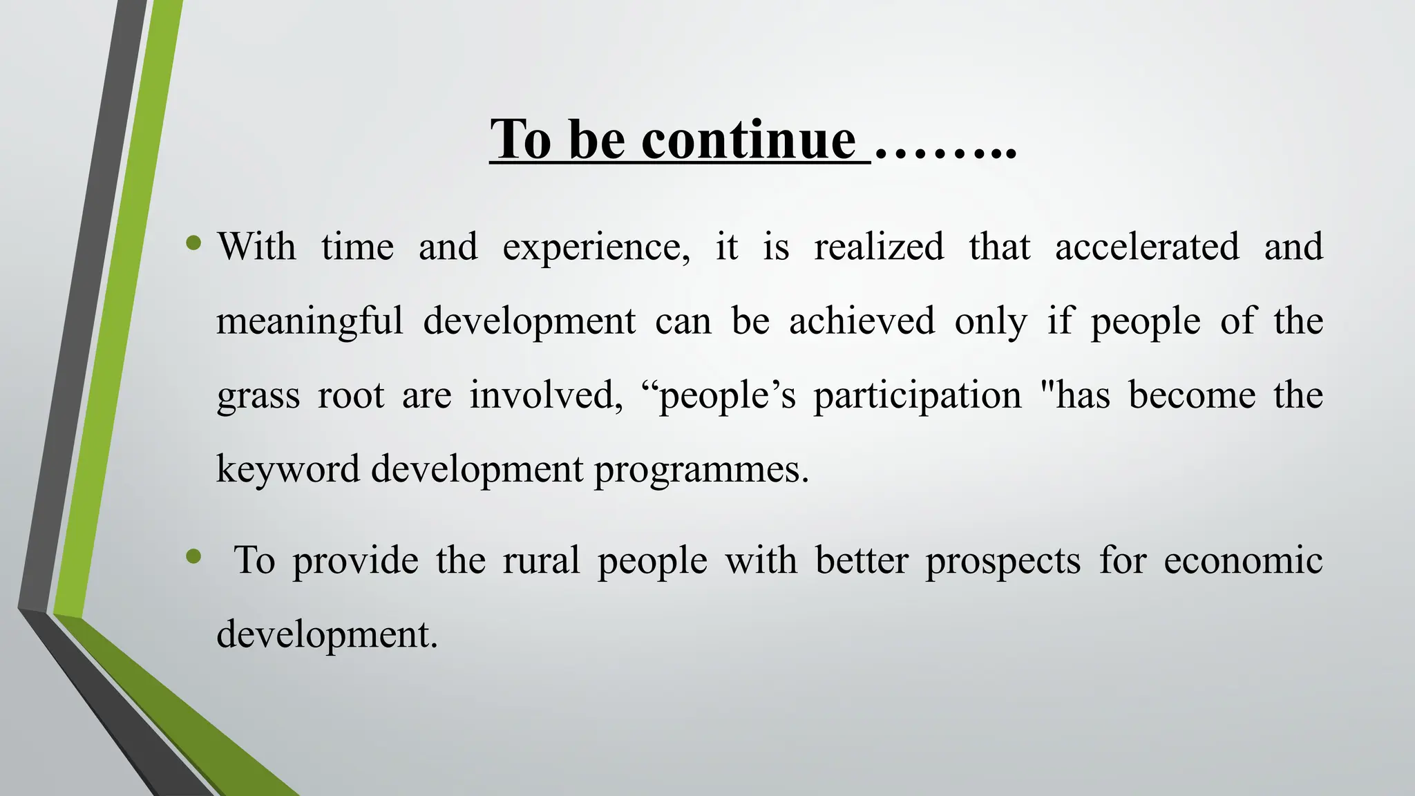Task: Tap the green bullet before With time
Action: pyautogui.click(x=194, y=243)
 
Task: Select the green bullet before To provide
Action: pyautogui.click(x=194, y=556)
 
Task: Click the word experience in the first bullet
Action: pyautogui.click(x=596, y=247)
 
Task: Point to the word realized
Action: pyautogui.click(x=879, y=247)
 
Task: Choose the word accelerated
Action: pyautogui.click(x=1147, y=247)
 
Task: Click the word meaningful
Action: pyautogui.click(x=310, y=322)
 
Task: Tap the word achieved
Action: pyautogui.click(x=862, y=321)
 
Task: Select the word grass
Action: pyautogui.click(x=258, y=397)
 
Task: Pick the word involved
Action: pyautogui.click(x=547, y=395)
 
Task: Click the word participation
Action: pyautogui.click(x=917, y=397)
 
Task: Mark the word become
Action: pyautogui.click(x=1192, y=395)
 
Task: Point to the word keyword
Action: pyautogui.click(x=288, y=470)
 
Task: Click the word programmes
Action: pyautogui.click(x=701, y=470)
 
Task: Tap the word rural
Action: pyautogui.click(x=541, y=560)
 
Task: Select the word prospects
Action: pyautogui.click(x=1003, y=561)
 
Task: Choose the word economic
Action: pyautogui.click(x=1243, y=560)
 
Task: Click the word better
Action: pyautogui.click(x=861, y=560)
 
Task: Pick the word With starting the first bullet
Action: pyautogui.click(x=256, y=247)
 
